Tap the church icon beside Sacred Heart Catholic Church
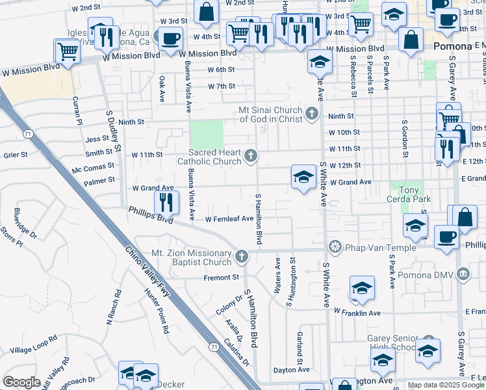[251, 157]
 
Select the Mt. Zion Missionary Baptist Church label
[191, 257]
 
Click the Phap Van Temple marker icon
[335, 246]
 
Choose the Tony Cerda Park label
[410, 194]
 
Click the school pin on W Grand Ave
[303, 177]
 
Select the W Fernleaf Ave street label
[229, 219]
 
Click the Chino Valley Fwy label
[147, 273]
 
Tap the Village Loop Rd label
[33, 343]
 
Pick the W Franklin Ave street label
[356, 313]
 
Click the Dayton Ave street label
[291, 369]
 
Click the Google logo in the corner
[21, 382]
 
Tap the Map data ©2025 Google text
[446, 385]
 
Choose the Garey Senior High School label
[391, 343]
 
